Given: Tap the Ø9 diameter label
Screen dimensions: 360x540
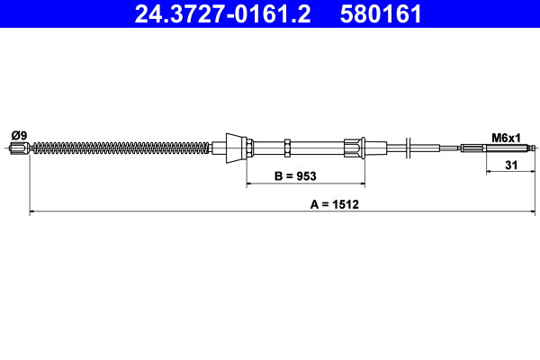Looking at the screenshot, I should pyautogui.click(x=18, y=135).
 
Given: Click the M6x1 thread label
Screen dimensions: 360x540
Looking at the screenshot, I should pyautogui.click(x=506, y=137).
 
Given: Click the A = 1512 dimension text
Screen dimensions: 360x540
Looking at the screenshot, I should pyautogui.click(x=335, y=204).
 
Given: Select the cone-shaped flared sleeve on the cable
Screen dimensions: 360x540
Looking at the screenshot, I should pyautogui.click(x=235, y=148).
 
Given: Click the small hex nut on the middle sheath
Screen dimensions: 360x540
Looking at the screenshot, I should pyautogui.click(x=285, y=148).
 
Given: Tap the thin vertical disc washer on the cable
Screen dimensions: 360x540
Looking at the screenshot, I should pyautogui.click(x=409, y=148).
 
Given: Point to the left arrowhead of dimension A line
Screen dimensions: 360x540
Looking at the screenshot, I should pyautogui.click(x=34, y=212).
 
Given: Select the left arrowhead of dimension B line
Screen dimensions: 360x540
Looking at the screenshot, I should pyautogui.click(x=250, y=184).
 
